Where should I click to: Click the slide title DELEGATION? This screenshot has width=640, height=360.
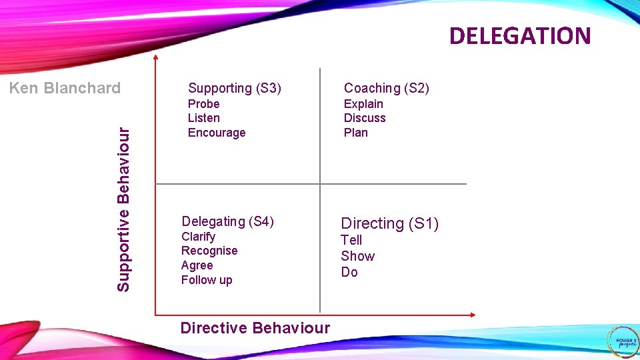click(520, 35)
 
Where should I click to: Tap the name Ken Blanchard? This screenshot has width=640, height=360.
click(65, 88)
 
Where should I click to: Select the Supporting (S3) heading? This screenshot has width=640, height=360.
click(235, 88)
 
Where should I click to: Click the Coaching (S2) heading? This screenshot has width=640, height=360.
click(387, 88)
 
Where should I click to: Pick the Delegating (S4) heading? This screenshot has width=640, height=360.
click(228, 221)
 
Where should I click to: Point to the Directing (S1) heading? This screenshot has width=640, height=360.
click(390, 223)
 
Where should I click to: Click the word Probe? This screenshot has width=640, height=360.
click(204, 104)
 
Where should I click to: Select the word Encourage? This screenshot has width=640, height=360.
click(217, 133)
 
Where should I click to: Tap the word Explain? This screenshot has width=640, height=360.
click(363, 104)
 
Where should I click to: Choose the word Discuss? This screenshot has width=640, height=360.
click(365, 118)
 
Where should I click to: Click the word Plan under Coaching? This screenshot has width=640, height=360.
click(356, 133)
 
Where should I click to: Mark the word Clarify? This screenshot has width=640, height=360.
click(199, 237)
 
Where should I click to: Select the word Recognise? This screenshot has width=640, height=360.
click(209, 251)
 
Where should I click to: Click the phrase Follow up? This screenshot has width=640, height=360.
click(207, 280)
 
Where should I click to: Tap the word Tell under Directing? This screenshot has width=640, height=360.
click(351, 240)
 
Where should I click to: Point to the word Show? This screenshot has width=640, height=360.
click(358, 256)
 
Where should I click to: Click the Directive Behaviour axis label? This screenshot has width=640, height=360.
click(255, 328)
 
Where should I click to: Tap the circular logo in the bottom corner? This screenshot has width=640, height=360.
click(622, 341)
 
